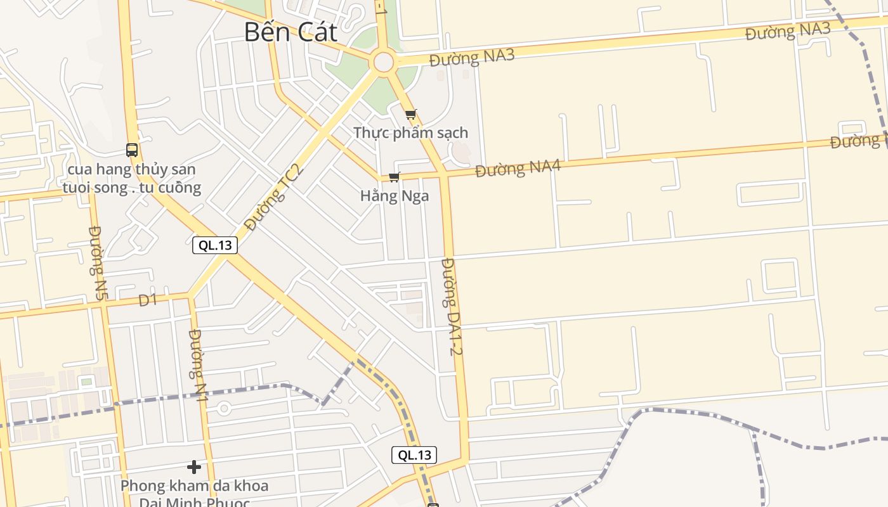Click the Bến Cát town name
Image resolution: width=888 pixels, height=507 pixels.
click(x=291, y=32)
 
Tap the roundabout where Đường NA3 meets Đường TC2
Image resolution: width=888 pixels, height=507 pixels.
click(x=384, y=62)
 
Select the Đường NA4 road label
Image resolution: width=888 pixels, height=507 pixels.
click(x=518, y=169)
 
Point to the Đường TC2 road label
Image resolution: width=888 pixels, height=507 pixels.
click(x=274, y=196)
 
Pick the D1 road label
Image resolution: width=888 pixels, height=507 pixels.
click(x=148, y=300)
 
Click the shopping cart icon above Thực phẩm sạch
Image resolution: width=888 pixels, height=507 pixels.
click(x=411, y=115)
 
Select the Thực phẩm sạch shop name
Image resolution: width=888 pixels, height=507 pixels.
click(x=411, y=133)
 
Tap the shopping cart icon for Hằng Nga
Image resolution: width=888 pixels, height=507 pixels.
click(x=394, y=177)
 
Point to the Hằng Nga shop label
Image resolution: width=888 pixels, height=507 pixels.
click(x=395, y=196)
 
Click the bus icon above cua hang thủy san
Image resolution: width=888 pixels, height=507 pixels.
click(x=132, y=150)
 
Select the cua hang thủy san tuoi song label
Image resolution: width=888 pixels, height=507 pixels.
click(x=132, y=179)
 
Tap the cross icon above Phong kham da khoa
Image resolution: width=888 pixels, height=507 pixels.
click(x=194, y=468)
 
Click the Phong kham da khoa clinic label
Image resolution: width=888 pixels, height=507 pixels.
click(x=194, y=487)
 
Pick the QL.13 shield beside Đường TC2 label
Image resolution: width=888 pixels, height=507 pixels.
click(x=215, y=245)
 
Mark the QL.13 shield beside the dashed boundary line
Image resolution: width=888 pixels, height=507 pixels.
click(x=414, y=454)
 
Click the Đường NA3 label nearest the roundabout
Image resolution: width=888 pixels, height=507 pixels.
click(x=471, y=58)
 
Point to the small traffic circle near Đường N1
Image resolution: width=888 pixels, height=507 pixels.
click(x=223, y=409)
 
